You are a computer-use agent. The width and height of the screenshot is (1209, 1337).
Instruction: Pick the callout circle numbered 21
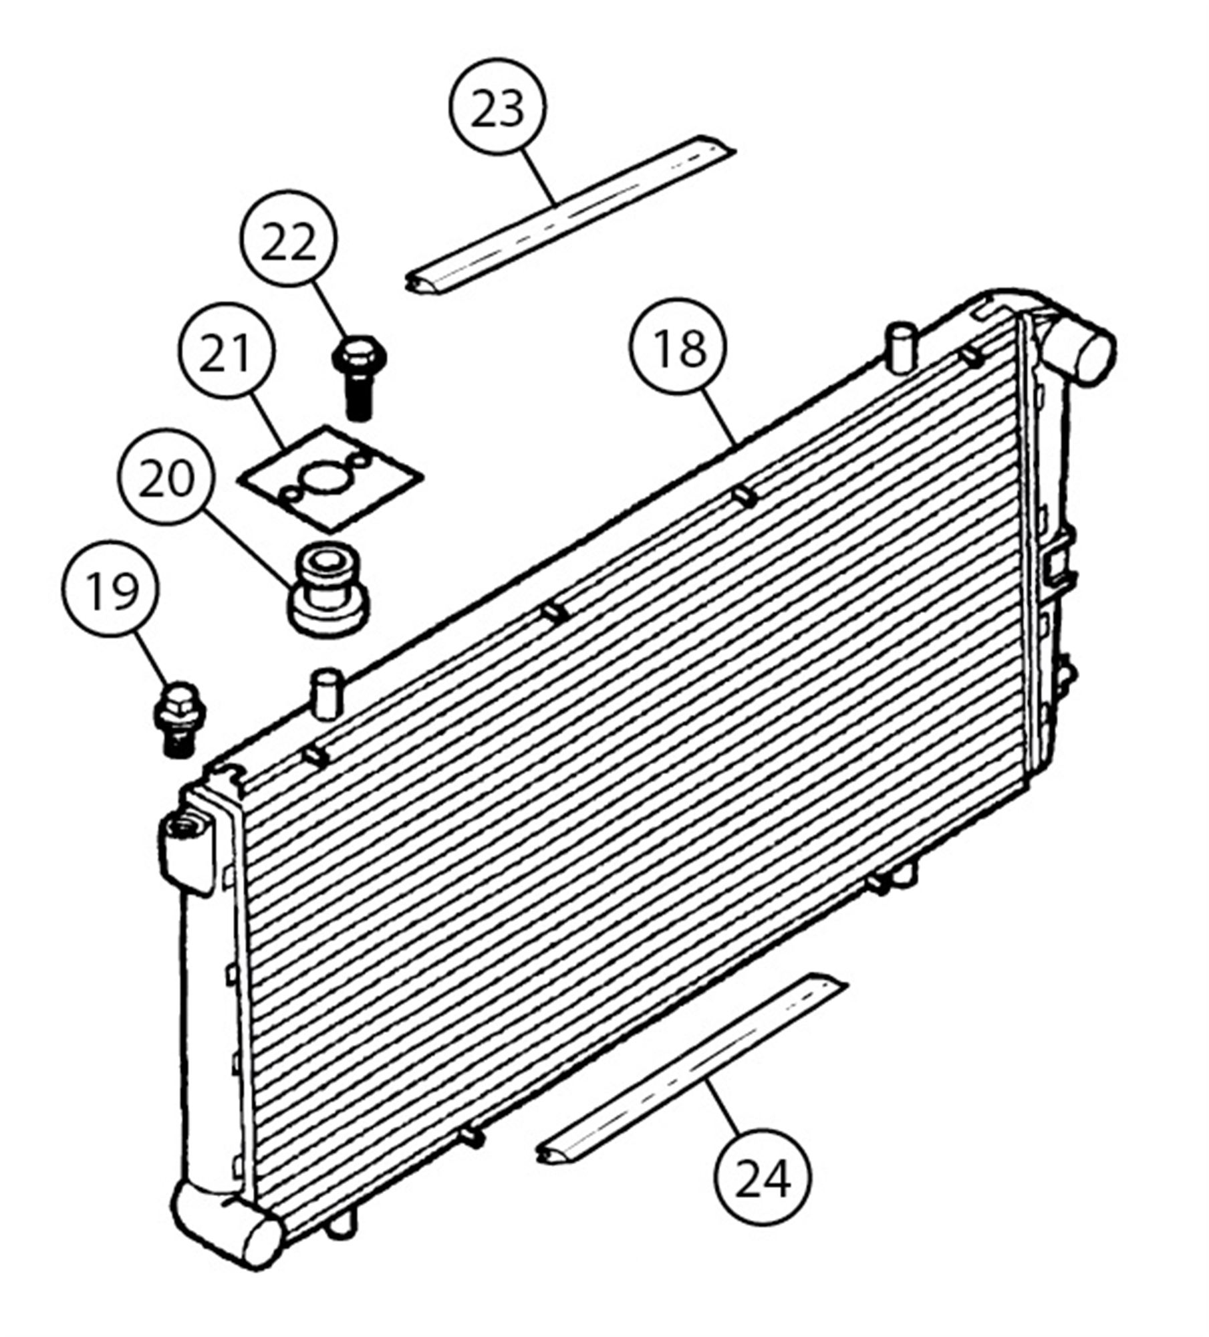(x=227, y=354)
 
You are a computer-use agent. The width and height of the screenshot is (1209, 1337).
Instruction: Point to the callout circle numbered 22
(x=288, y=238)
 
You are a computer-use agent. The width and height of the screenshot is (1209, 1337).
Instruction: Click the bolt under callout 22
(x=360, y=378)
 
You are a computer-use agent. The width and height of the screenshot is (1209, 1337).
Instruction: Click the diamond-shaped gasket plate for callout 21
(x=330, y=479)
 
